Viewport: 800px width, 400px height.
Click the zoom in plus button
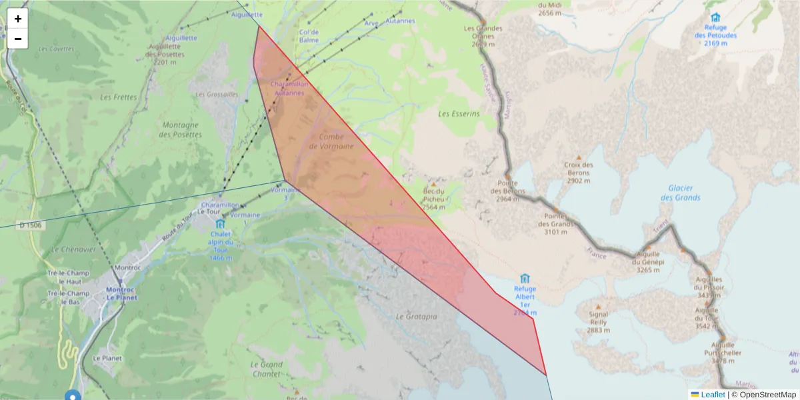point(18,19)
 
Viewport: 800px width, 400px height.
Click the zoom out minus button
point(18,39)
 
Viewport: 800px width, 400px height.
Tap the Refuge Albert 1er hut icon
point(525,278)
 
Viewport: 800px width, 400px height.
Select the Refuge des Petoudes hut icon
point(715,17)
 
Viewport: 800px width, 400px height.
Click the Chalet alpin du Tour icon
point(220,224)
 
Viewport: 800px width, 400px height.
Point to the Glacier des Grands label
point(680,193)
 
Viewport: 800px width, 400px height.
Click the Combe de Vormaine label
point(331,141)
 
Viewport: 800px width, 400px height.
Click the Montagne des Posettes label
point(180,129)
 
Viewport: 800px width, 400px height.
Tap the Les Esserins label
point(459,114)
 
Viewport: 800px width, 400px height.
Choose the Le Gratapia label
point(416,317)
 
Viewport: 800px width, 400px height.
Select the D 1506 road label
point(31,225)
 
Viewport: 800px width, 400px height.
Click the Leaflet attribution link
point(712,394)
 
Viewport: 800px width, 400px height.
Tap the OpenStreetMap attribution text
point(764,394)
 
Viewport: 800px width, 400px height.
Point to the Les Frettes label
point(118,97)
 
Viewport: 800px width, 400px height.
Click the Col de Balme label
point(309,36)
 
